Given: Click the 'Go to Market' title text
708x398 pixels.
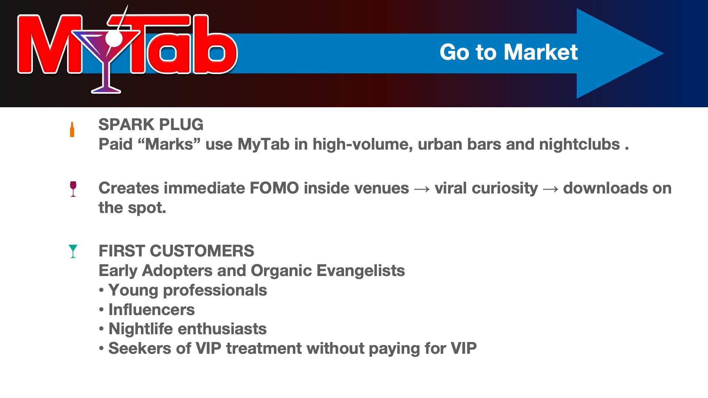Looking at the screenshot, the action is coord(509,52).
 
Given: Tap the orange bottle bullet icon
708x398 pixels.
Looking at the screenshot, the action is coord(72,130).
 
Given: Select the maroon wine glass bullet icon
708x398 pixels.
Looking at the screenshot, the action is coord(73,189).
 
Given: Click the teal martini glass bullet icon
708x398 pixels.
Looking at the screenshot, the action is coord(73,251).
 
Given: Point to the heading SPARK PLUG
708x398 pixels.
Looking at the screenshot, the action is coord(151,125).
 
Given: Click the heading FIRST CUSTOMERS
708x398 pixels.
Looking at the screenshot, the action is coord(176,251).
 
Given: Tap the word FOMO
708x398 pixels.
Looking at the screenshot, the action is coord(274,188).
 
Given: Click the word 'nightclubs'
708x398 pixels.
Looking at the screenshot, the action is coord(579,144).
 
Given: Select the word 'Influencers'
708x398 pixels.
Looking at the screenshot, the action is coord(152,310).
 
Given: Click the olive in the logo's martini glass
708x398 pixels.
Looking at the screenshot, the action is coord(114,38).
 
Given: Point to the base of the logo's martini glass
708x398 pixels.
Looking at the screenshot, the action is coord(106,90).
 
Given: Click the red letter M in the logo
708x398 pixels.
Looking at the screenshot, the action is coord(50,44).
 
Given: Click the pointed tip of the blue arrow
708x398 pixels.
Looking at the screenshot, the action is coord(663,53).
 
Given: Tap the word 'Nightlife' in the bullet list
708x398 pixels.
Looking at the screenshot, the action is coord(140,329).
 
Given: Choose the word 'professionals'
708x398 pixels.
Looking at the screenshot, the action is coord(215,290).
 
